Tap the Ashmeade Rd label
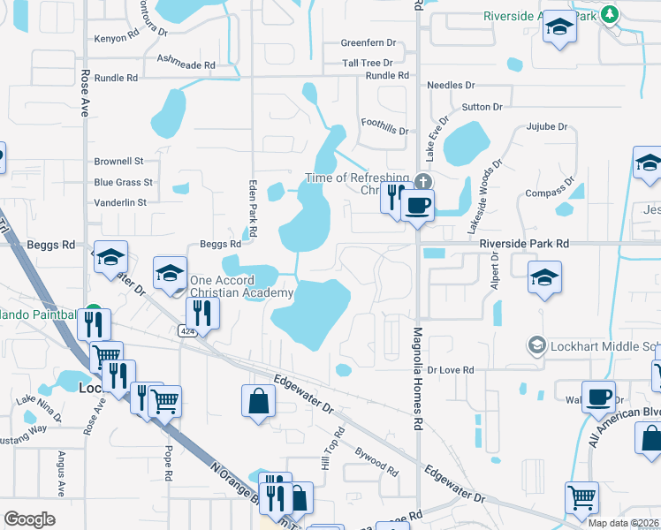[186, 65]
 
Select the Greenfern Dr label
[368, 43]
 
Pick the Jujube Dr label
[546, 127]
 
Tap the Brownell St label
[119, 162]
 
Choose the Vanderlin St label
[122, 202]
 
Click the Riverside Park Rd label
[525, 243]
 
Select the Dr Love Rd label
[452, 369]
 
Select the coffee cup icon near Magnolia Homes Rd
[417, 206]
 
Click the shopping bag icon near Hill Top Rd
[257, 401]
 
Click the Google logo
[29, 519]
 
